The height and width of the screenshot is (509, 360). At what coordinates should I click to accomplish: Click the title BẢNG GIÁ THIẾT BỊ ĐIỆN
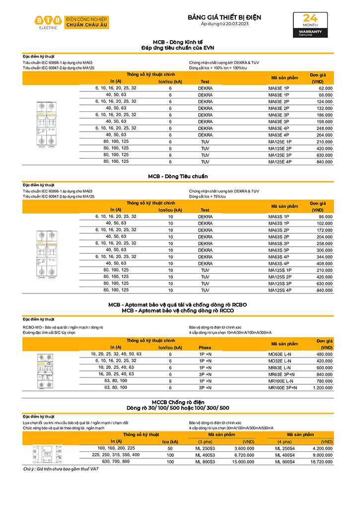(x=224, y=17)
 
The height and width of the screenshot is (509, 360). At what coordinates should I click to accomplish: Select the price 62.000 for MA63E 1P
(x=325, y=88)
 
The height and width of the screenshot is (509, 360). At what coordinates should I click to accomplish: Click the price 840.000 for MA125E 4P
(x=324, y=161)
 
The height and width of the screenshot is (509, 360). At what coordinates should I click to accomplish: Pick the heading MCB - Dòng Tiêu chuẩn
(x=178, y=176)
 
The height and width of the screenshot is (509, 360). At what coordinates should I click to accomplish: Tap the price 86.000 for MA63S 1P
(x=325, y=217)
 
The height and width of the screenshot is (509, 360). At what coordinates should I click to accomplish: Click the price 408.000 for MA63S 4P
(x=324, y=263)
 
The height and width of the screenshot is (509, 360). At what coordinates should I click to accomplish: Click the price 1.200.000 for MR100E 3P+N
(x=323, y=387)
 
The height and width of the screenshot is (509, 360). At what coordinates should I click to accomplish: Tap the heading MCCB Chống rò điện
(x=177, y=402)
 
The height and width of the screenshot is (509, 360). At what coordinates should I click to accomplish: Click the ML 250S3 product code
(x=205, y=448)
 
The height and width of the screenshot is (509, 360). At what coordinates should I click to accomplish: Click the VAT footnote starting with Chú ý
(x=61, y=469)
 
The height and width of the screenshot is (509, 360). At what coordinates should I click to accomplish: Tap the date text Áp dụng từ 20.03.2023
(x=224, y=24)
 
